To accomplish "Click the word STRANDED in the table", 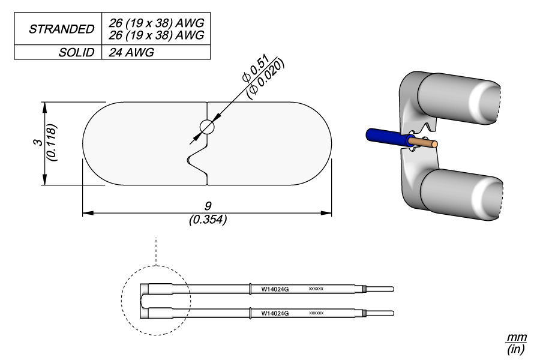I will (x=62, y=29).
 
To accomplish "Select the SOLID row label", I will (x=76, y=52).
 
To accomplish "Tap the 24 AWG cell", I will (x=131, y=52).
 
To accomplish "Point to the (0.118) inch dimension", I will (x=52, y=143).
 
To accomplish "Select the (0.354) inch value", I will (x=208, y=220).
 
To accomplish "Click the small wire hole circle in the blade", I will (x=206, y=127).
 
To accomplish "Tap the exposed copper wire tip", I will (x=428, y=144).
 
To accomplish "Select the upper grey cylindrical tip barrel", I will (x=459, y=98).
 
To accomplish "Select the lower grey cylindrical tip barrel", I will (x=462, y=193).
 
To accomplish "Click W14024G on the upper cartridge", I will (x=275, y=289).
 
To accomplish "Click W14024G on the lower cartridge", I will (x=275, y=313).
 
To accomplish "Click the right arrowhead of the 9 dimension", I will (x=328, y=212).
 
